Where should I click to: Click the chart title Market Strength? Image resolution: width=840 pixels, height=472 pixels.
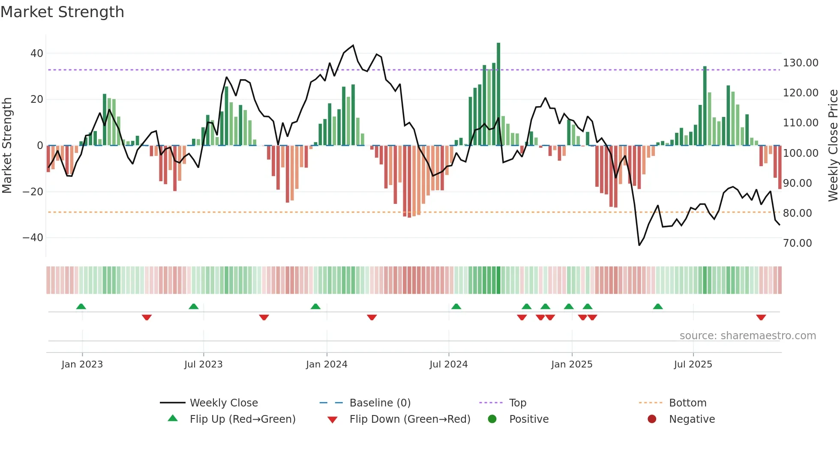(x=62, y=12)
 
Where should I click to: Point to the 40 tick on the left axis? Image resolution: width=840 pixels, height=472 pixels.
(x=37, y=54)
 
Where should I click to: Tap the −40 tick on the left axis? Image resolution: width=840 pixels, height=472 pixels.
(x=33, y=238)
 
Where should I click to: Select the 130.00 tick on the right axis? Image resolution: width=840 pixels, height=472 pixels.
(x=800, y=63)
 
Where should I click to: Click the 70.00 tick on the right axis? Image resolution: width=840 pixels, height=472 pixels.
(x=797, y=243)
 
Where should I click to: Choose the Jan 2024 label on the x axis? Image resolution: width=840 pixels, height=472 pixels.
(x=327, y=364)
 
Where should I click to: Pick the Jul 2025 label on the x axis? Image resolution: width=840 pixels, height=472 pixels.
(x=693, y=364)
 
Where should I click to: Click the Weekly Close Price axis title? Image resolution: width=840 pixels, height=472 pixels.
(x=833, y=145)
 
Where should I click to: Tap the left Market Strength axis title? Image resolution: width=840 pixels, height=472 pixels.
(x=7, y=145)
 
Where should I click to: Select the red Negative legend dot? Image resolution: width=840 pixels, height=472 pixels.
(x=652, y=419)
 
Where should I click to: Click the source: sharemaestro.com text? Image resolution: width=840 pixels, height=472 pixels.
(x=747, y=336)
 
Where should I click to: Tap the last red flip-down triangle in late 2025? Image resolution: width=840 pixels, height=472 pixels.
(x=761, y=317)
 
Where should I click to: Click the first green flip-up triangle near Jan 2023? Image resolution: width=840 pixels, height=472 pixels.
(x=81, y=306)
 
